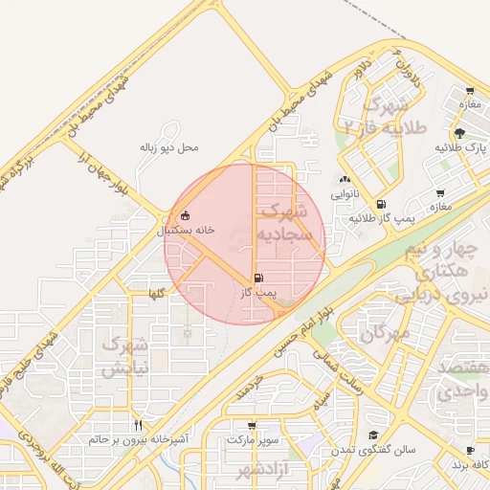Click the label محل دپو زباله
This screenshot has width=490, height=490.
[168, 147]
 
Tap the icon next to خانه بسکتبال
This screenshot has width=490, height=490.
[184, 215]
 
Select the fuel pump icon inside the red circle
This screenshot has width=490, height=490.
[259, 278]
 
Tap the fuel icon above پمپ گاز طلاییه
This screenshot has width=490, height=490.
[381, 204]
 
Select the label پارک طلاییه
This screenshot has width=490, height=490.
[460, 148]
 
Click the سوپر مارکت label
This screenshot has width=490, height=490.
[253, 440]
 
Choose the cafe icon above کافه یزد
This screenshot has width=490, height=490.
[470, 450]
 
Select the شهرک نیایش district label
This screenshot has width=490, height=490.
[124, 355]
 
